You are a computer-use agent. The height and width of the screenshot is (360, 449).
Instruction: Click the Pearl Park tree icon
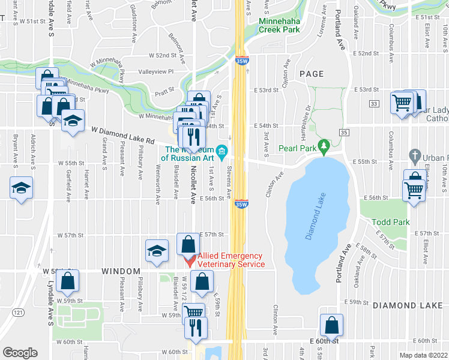[x=324, y=145]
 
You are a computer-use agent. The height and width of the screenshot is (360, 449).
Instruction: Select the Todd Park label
[x=390, y=222]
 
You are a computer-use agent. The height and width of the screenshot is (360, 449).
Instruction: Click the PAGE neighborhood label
[x=311, y=74]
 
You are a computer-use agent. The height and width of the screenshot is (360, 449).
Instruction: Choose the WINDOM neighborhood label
[x=121, y=272]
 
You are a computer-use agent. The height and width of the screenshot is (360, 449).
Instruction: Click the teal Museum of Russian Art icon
[x=222, y=150]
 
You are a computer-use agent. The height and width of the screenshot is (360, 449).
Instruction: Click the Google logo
[x=20, y=353]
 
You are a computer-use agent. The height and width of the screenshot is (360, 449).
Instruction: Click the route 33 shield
[x=375, y=104]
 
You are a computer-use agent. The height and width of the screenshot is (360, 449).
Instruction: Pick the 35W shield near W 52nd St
[x=241, y=61]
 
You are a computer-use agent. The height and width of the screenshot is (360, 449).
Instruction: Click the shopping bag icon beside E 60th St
[x=332, y=325]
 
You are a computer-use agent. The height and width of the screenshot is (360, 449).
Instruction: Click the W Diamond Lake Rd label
[x=123, y=135]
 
